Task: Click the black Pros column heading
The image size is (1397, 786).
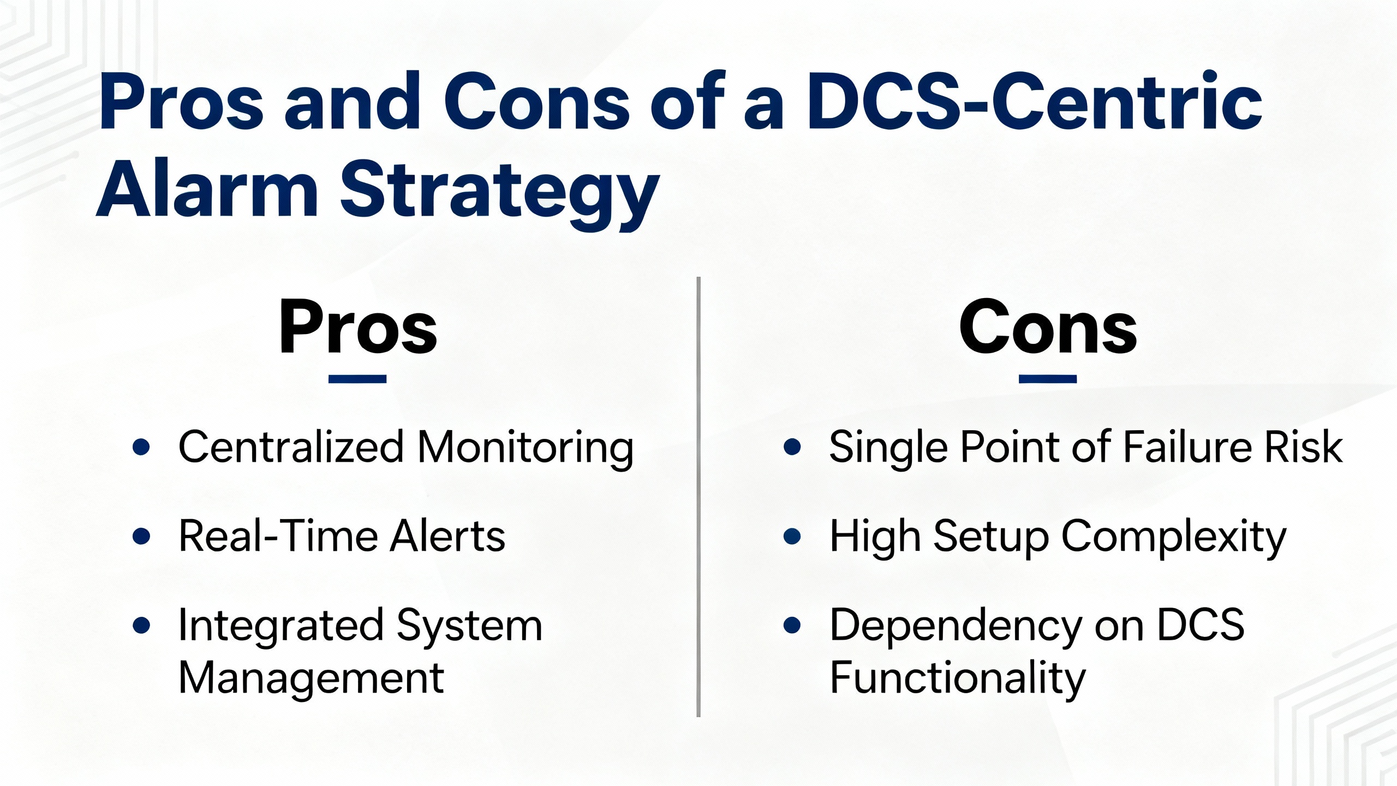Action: point(358,327)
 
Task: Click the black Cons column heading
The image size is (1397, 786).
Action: point(1048,327)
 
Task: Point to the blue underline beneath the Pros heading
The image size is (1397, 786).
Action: point(357,379)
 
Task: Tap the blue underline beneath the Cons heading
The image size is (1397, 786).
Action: point(1048,379)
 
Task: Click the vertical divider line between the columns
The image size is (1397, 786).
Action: point(698,497)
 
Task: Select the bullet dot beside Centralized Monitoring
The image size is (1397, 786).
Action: point(141,447)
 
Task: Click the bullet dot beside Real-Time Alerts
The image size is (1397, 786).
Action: point(141,536)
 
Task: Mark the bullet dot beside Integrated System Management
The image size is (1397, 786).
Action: point(141,625)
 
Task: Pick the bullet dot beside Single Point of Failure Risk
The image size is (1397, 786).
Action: point(792,447)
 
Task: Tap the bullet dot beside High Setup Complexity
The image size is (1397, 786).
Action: point(792,536)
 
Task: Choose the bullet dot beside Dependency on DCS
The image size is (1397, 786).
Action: point(792,625)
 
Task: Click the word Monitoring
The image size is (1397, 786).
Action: point(526,449)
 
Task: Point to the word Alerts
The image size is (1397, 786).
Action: point(447,535)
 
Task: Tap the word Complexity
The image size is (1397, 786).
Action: point(1174,538)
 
